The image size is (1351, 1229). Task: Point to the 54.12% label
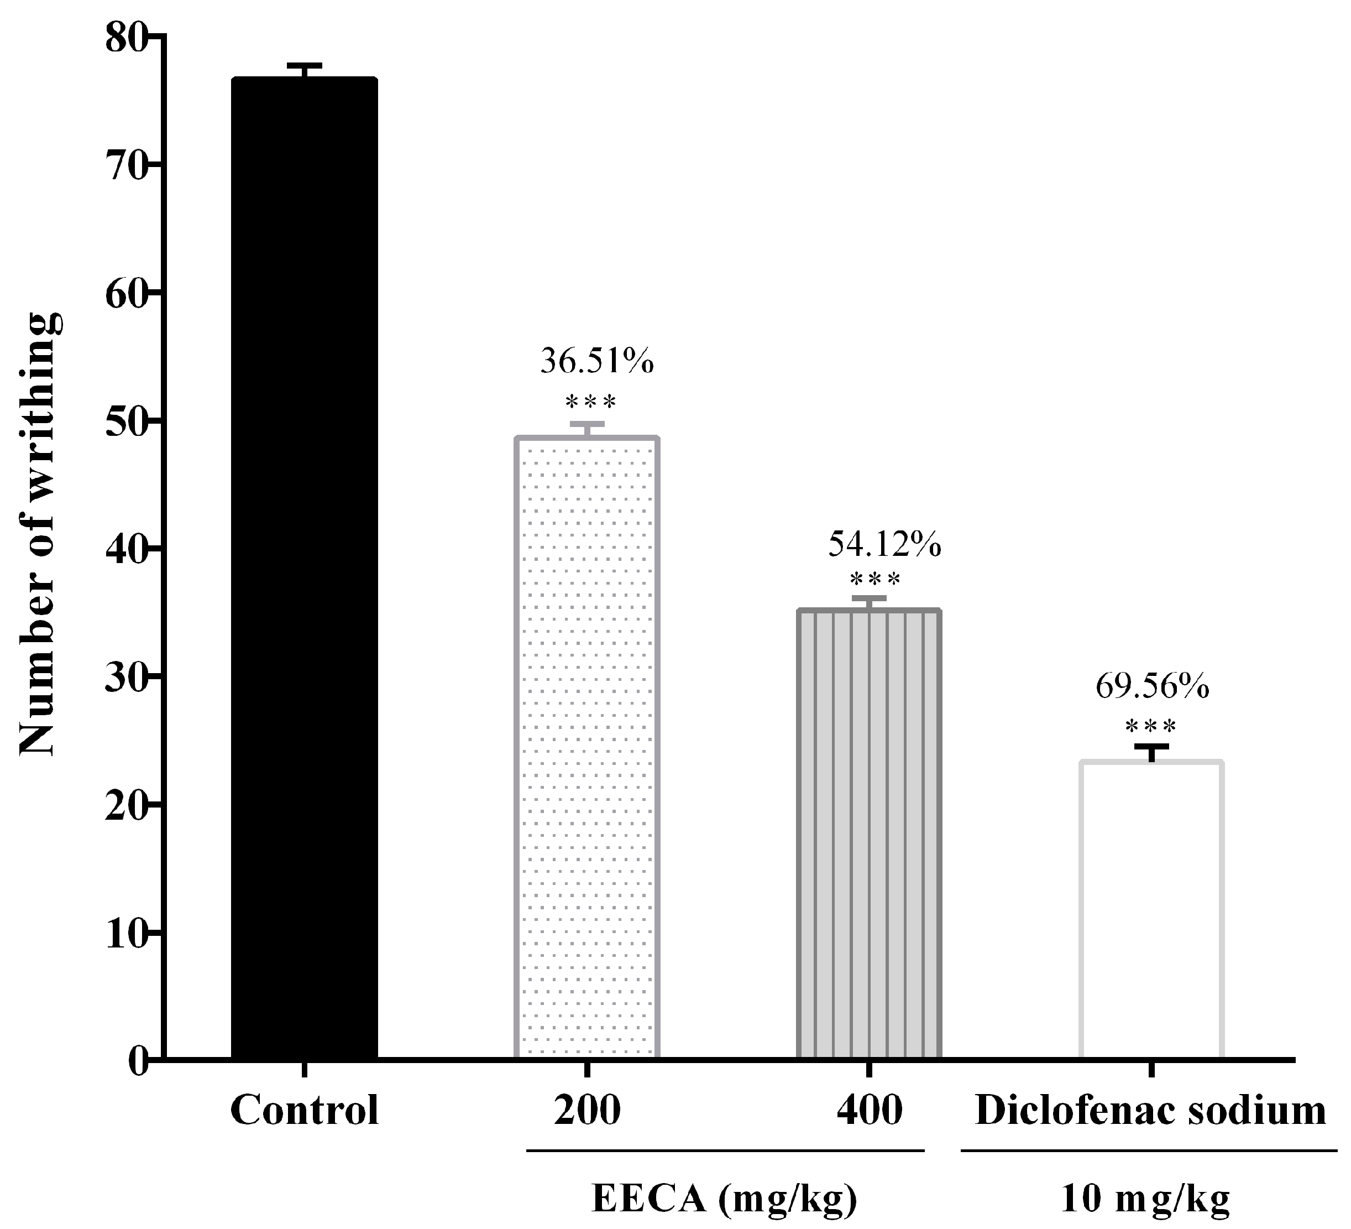pos(884,544)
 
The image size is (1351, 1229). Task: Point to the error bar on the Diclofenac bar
pos(1151,752)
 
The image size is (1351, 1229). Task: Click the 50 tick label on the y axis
pos(125,421)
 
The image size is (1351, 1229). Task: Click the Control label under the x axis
pos(304,1110)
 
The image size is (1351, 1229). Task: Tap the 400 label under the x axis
pos(869,1110)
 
